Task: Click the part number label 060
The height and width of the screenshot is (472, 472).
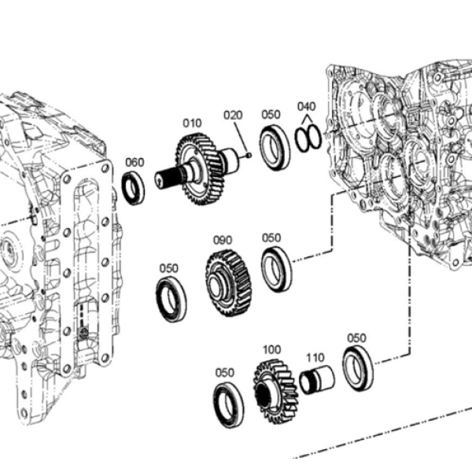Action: (x=135, y=163)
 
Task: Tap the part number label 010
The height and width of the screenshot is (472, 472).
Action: (x=192, y=124)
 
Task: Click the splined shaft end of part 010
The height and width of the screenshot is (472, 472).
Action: (x=165, y=179)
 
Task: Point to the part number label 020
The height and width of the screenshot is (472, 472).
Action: (x=233, y=116)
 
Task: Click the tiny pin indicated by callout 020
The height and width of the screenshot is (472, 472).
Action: (x=249, y=155)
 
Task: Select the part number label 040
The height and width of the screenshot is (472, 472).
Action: (x=307, y=106)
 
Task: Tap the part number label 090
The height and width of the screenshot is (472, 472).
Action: (x=223, y=241)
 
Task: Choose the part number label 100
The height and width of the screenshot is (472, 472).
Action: (x=272, y=350)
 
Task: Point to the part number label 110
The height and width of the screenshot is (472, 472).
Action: (x=315, y=358)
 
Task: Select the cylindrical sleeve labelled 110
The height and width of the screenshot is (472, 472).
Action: (x=317, y=380)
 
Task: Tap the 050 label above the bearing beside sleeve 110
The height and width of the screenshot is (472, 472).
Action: (x=356, y=338)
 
